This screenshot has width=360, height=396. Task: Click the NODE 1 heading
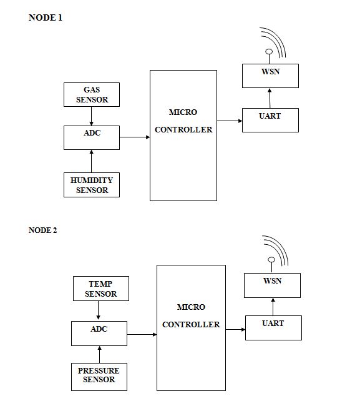(x=46, y=17)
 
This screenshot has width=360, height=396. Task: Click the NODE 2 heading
(x=43, y=230)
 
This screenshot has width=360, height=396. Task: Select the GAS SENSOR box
(x=92, y=95)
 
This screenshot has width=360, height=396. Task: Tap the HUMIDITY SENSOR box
(x=92, y=185)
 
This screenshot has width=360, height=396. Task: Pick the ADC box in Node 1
(x=92, y=137)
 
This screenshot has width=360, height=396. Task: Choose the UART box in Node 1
(x=270, y=120)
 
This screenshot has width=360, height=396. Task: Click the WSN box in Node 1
(x=270, y=76)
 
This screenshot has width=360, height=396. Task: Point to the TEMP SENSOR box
(x=101, y=289)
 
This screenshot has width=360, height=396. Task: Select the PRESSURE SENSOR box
(x=99, y=377)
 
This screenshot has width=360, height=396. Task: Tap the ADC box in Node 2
(x=99, y=334)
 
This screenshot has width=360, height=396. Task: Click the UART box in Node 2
(x=273, y=328)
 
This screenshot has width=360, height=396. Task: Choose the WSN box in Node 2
(x=272, y=285)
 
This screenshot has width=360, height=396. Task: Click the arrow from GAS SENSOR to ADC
(x=91, y=116)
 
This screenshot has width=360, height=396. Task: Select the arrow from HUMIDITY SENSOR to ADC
(x=91, y=161)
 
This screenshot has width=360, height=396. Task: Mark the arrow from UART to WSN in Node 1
(x=270, y=98)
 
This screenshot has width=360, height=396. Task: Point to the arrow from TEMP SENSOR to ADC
(x=98, y=310)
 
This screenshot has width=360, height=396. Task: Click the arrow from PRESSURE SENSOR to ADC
(x=99, y=355)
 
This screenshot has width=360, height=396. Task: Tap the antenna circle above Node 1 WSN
(x=269, y=52)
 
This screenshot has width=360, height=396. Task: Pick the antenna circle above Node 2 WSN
(x=271, y=260)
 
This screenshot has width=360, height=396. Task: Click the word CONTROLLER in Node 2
(x=191, y=325)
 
